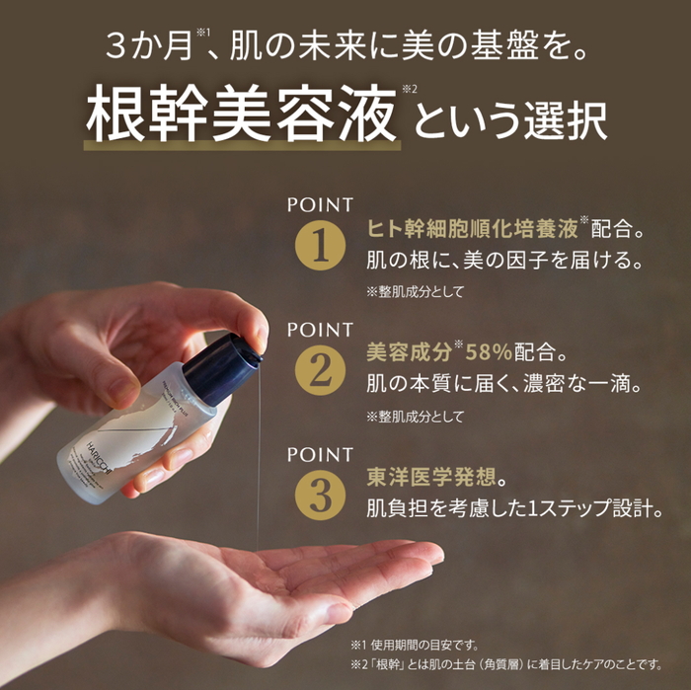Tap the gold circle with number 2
[318, 371]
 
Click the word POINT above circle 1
[320, 205]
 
